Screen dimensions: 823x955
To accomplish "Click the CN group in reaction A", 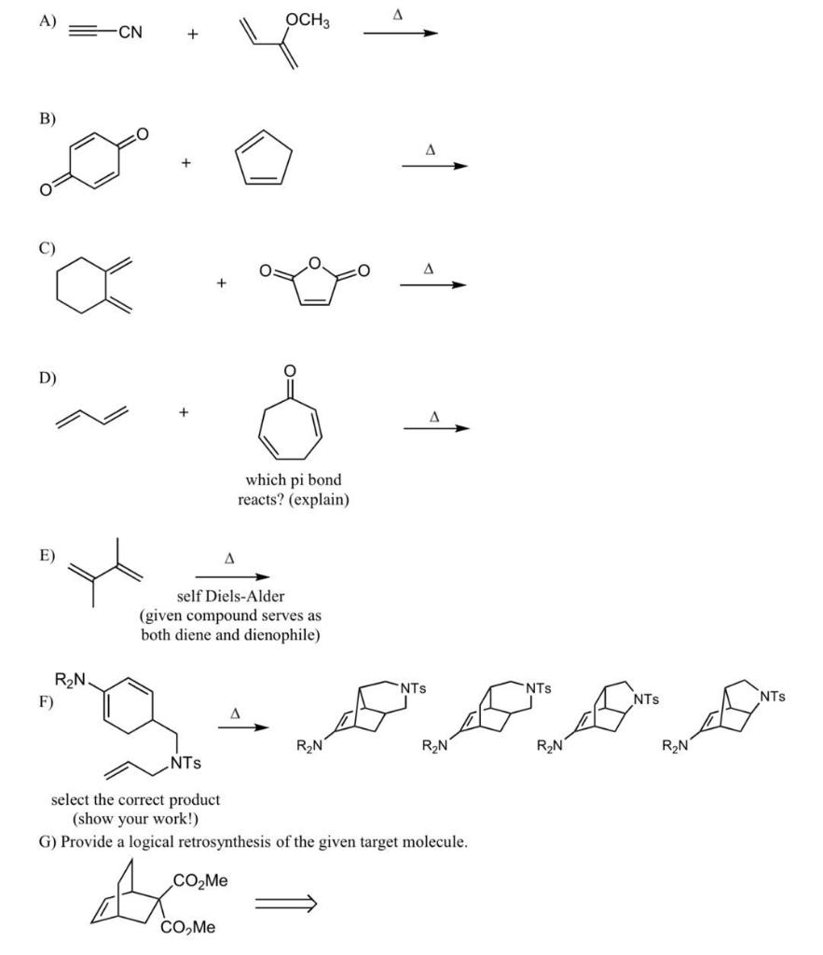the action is pyautogui.click(x=130, y=34).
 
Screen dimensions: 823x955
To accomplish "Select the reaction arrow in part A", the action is pyautogui.click(x=400, y=34).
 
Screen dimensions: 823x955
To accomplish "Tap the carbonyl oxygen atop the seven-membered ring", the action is pyautogui.click(x=290, y=372).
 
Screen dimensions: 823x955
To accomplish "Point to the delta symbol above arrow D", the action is pyautogui.click(x=434, y=416).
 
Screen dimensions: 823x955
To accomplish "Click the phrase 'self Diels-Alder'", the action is pyautogui.click(x=230, y=598).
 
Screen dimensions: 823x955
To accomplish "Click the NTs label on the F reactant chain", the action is pyautogui.click(x=183, y=765).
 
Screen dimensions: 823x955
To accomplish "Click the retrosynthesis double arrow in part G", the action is pyautogui.click(x=287, y=902).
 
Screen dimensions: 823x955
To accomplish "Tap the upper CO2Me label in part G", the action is pyautogui.click(x=199, y=880).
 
